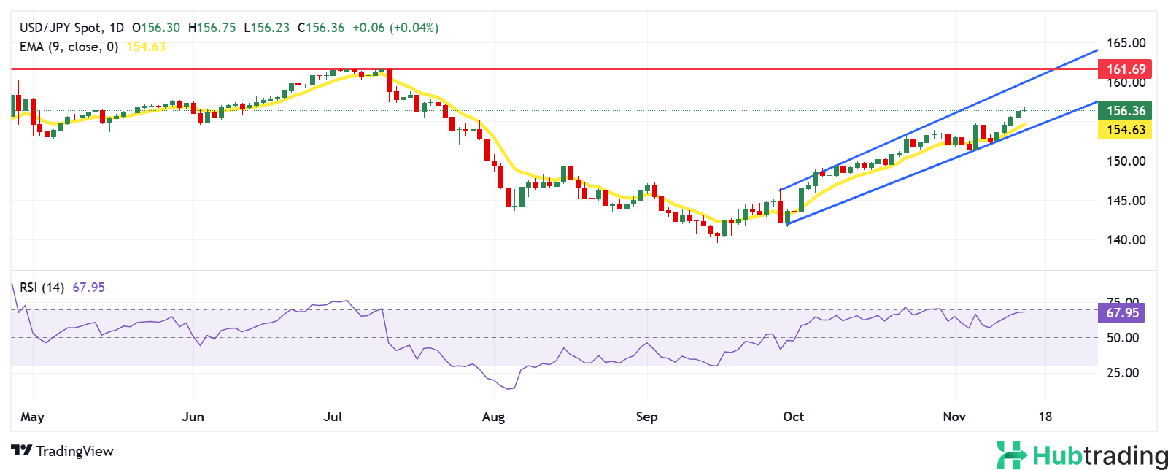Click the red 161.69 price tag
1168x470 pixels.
click(x=1125, y=69)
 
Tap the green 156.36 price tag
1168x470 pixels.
click(x=1125, y=111)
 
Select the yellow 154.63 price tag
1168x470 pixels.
click(x=1125, y=130)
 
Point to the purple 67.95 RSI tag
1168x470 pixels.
click(x=1121, y=313)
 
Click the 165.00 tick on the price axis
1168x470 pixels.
click(x=1126, y=43)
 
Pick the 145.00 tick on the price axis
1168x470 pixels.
click(x=1126, y=200)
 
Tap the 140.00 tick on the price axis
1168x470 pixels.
click(x=1126, y=239)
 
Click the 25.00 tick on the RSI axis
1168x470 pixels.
click(x=1123, y=372)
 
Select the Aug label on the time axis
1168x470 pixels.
click(x=494, y=417)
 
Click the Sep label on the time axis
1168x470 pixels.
click(x=646, y=417)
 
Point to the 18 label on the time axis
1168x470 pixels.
click(x=1045, y=417)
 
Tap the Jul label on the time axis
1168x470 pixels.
click(x=333, y=417)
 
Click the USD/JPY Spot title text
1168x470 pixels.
click(x=61, y=28)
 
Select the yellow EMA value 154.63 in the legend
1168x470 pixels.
click(x=146, y=47)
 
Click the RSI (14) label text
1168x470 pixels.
click(x=42, y=288)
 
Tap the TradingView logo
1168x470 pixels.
click(x=63, y=451)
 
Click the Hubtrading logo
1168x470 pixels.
click(x=1082, y=455)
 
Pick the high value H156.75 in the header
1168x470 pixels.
click(x=212, y=28)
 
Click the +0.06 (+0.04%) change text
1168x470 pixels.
click(x=395, y=28)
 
